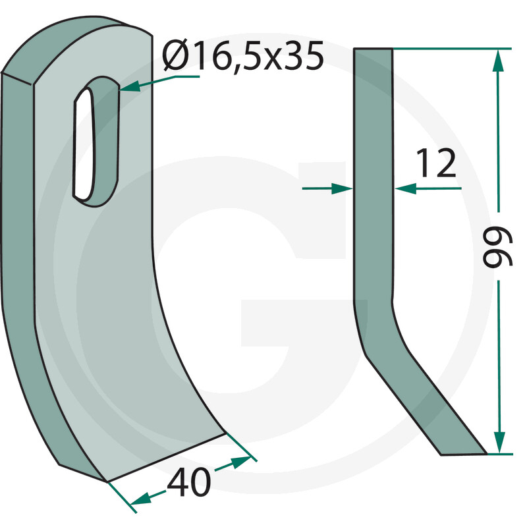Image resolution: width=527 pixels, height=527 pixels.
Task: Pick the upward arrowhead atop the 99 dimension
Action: tap(499, 61)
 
